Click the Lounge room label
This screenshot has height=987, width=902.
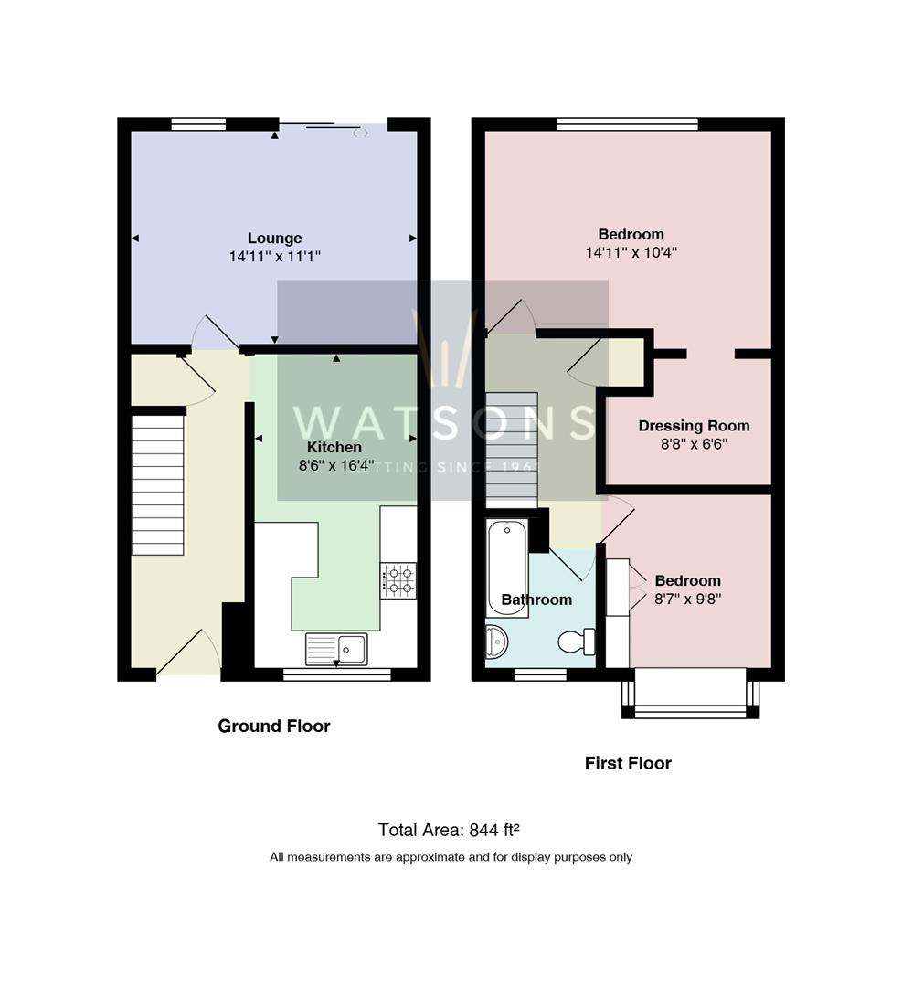tap(274, 239)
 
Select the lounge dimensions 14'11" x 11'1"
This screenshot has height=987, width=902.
tap(274, 258)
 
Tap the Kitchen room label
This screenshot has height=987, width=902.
tap(334, 448)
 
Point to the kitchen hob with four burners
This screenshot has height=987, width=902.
tap(398, 580)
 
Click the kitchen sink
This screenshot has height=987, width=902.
tap(336, 649)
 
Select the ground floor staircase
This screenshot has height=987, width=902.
tap(158, 484)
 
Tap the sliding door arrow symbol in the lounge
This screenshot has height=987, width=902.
tap(360, 133)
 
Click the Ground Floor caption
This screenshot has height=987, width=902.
tap(273, 727)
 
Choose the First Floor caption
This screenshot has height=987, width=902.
tap(628, 763)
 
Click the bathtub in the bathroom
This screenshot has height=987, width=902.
tap(506, 557)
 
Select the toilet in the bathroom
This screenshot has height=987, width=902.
tap(576, 642)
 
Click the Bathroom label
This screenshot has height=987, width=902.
tap(536, 600)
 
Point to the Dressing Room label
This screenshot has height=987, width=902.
tap(694, 426)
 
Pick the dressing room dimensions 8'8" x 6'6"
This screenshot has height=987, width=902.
tap(694, 445)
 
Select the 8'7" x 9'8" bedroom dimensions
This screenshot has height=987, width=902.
tap(687, 600)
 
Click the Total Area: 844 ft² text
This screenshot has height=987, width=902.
tap(449, 831)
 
